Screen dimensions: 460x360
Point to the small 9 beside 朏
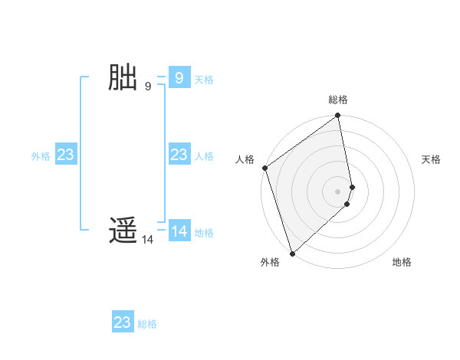tap(148, 86)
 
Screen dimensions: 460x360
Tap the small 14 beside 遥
tap(147, 240)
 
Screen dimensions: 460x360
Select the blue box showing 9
tap(179, 78)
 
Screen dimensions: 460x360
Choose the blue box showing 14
tap(179, 231)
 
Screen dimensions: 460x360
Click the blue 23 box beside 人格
tap(179, 155)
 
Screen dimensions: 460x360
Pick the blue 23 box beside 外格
tap(66, 155)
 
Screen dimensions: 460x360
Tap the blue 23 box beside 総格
tap(123, 322)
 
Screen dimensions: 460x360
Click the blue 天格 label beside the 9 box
tap(204, 80)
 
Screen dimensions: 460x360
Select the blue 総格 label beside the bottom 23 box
tap(147, 324)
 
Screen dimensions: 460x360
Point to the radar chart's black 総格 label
tap(338, 100)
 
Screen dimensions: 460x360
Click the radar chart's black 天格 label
tap(431, 159)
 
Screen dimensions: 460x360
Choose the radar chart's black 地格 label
tap(402, 262)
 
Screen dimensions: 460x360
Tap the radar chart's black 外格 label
tap(270, 262)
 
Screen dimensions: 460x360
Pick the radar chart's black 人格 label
tap(245, 159)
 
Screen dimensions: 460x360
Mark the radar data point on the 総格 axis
tap(338, 116)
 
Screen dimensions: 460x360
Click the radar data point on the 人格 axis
tap(264, 168)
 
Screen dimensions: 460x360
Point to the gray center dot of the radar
tap(338, 191)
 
